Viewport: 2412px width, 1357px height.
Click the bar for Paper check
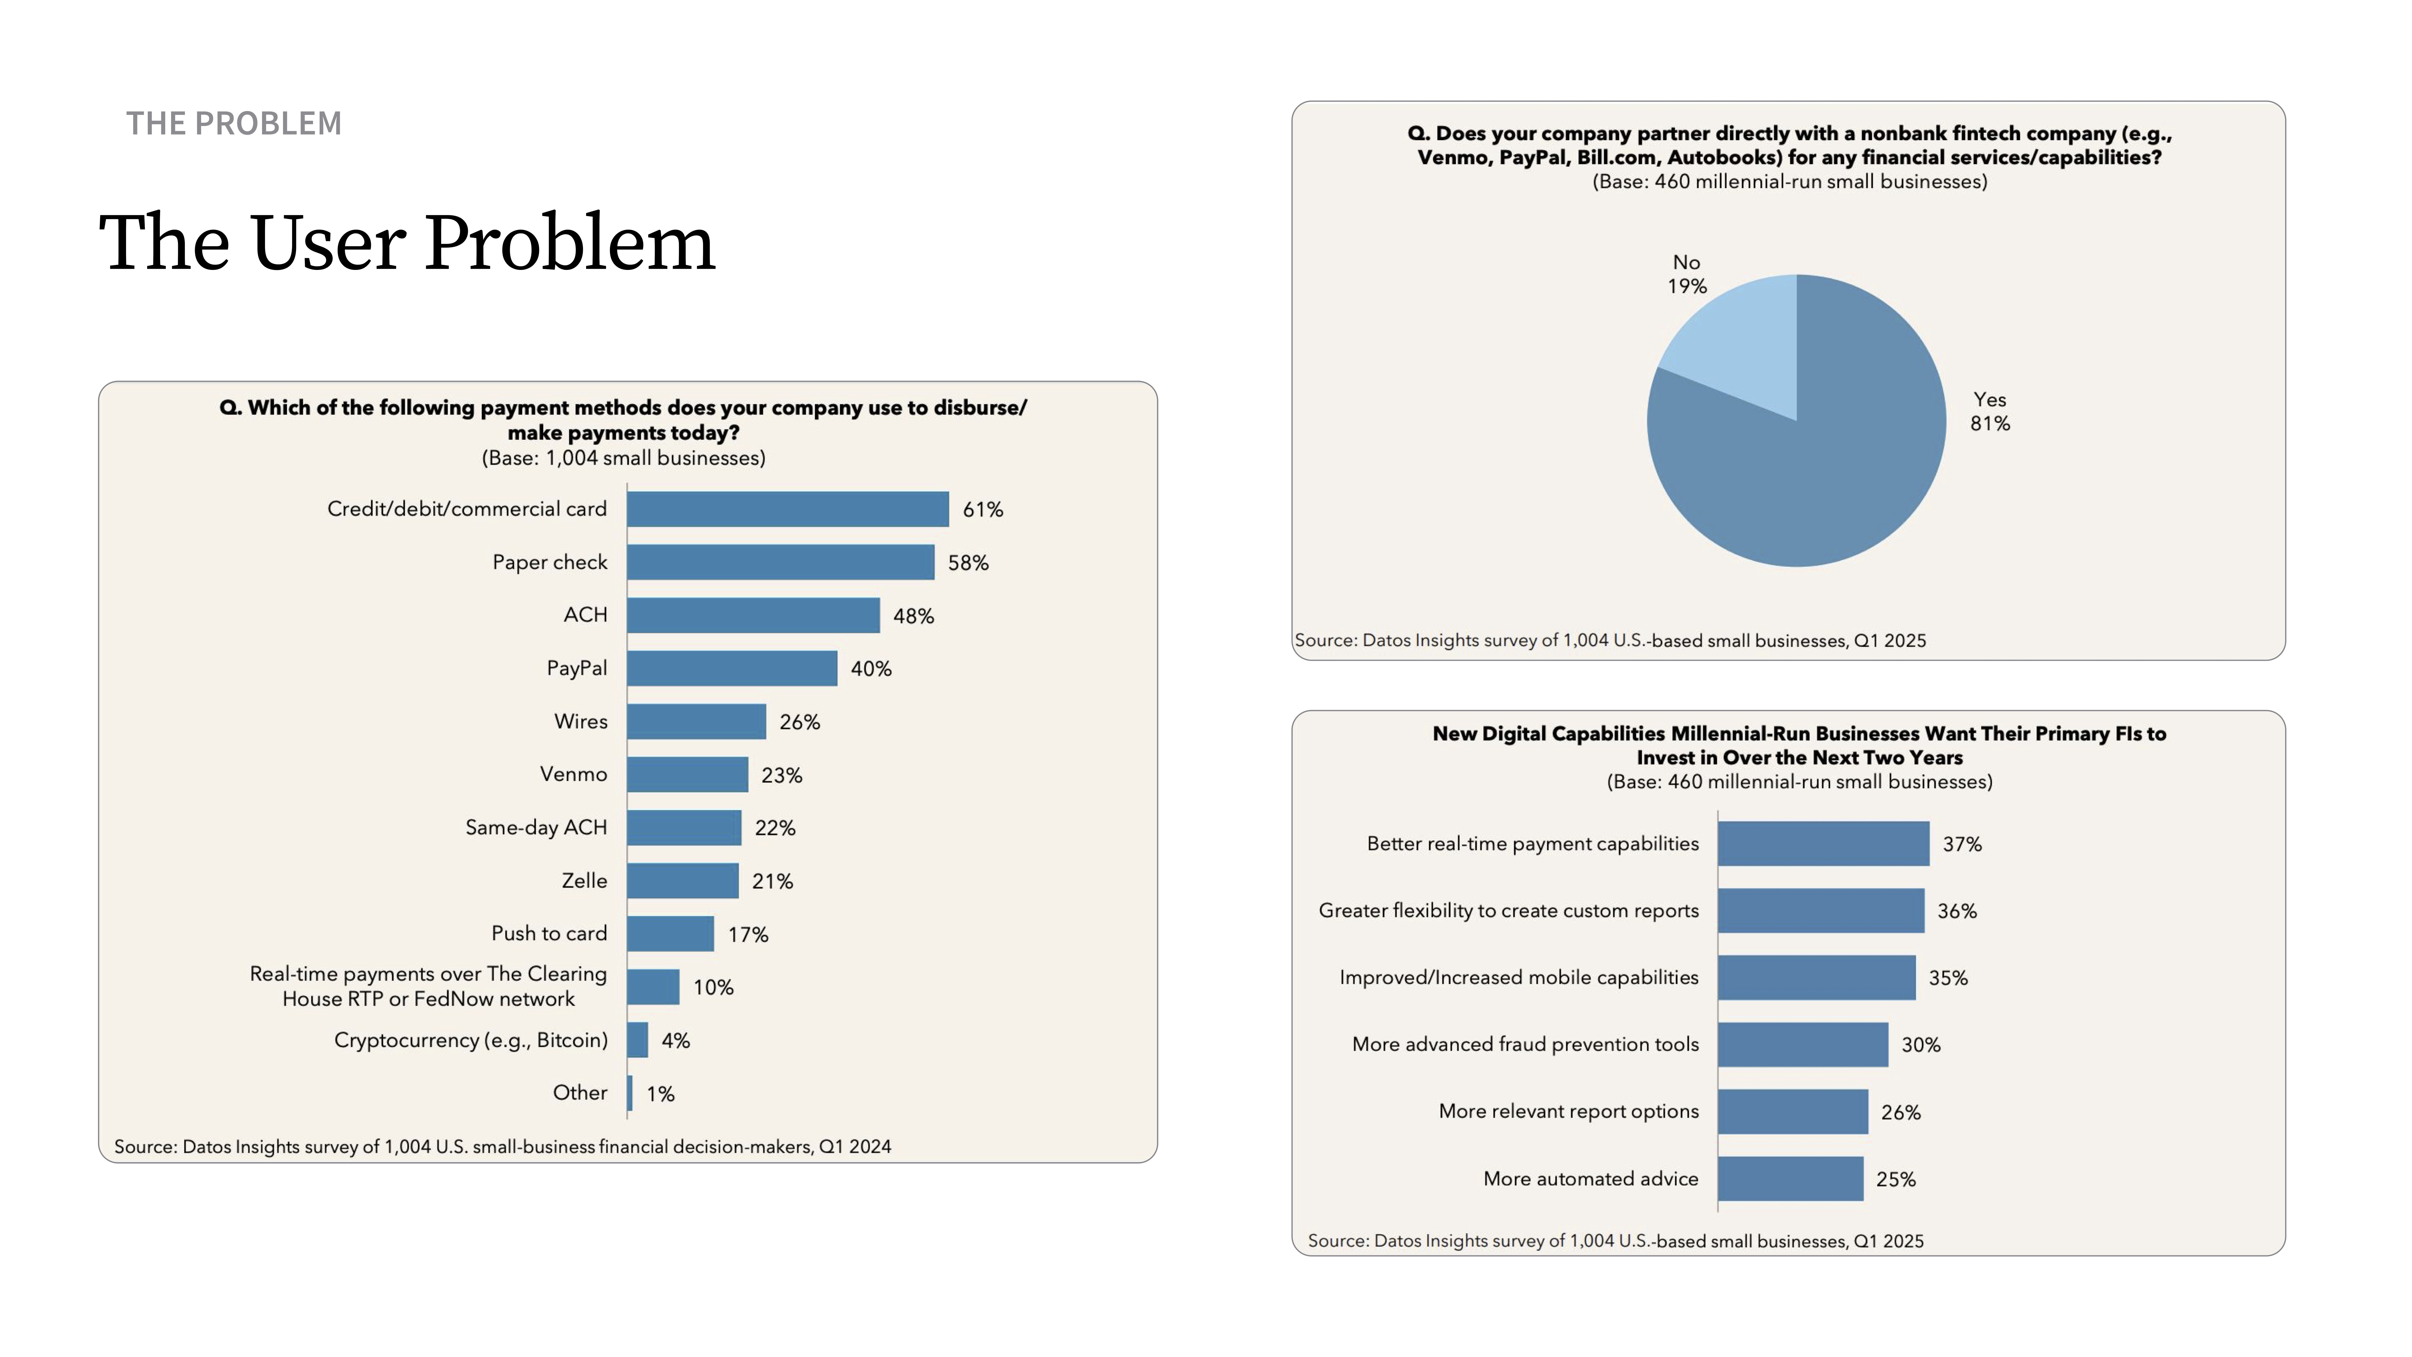780,562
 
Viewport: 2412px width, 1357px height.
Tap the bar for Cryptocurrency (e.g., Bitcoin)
638,1039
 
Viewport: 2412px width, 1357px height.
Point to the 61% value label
982,509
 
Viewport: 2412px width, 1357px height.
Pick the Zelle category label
584,880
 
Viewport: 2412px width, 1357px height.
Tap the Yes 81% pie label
1990,411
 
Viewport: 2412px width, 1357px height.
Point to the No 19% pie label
1686,274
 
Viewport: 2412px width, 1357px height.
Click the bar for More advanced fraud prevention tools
1802,1044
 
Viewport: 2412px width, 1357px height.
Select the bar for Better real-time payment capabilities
1823,844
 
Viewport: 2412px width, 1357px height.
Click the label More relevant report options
1568,1112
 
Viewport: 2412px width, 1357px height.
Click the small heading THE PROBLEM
234,124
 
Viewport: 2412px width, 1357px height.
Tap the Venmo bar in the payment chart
687,774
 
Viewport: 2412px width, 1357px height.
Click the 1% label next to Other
660,1094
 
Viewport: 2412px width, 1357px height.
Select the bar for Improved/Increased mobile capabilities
1817,978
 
